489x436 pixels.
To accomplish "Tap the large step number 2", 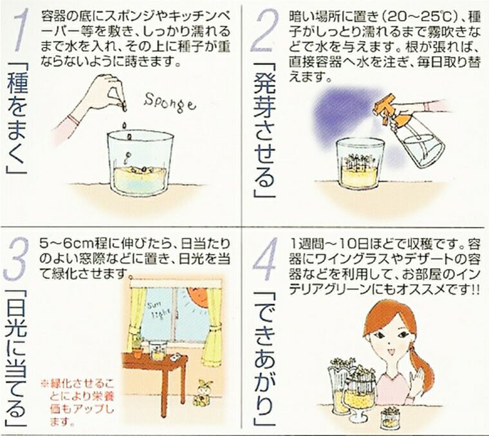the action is (264, 30).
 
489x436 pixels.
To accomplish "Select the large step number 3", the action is (16, 258).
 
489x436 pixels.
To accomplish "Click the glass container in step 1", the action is (140, 163).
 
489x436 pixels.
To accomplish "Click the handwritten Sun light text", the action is (159, 309).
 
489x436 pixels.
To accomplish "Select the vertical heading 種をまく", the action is (17, 118).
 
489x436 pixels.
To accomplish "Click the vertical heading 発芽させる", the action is (264, 131).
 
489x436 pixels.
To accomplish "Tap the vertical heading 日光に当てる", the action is (16, 359).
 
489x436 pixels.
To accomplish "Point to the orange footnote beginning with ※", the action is (77, 402).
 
